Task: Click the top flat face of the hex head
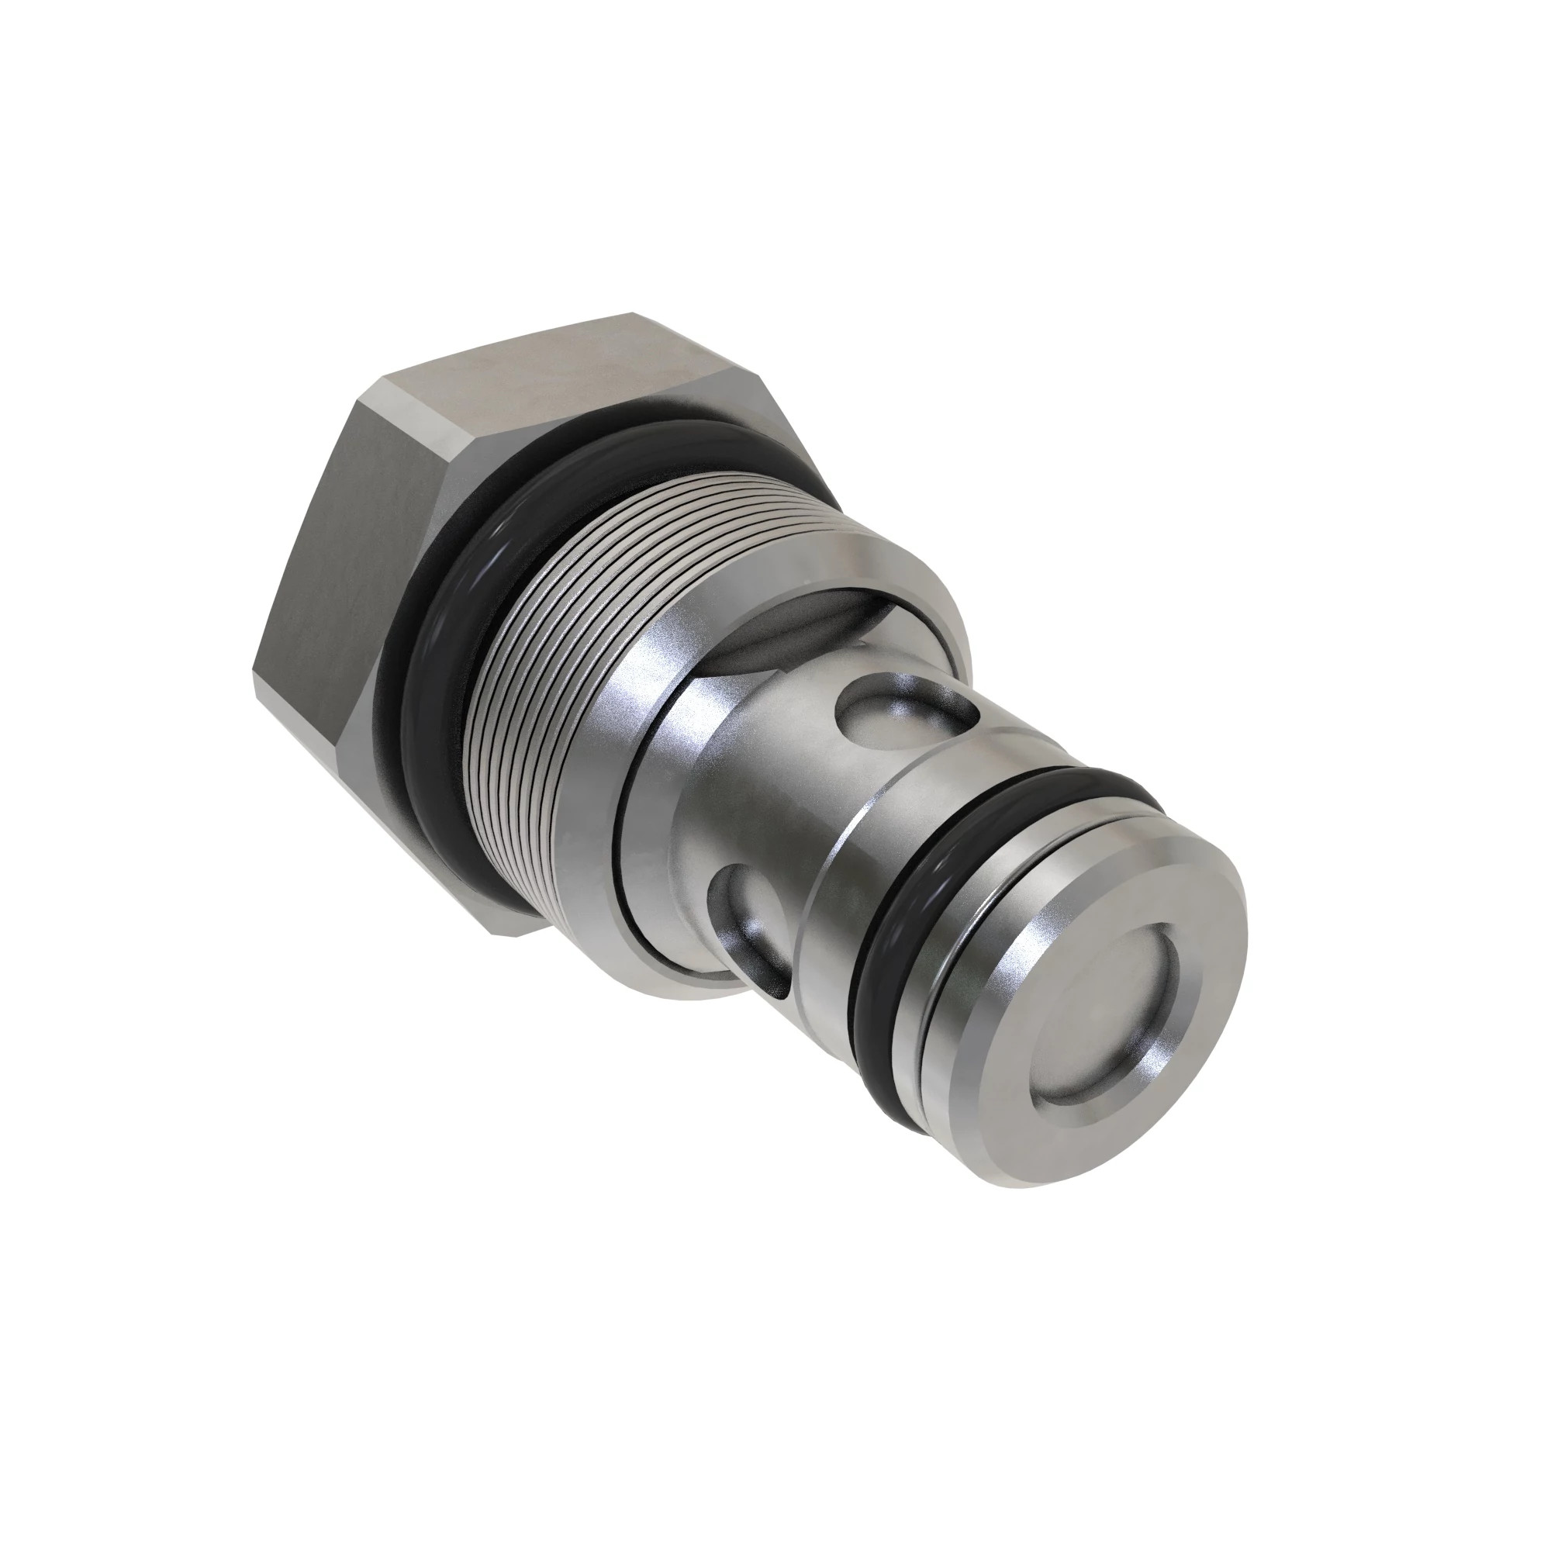pyautogui.click(x=562, y=369)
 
